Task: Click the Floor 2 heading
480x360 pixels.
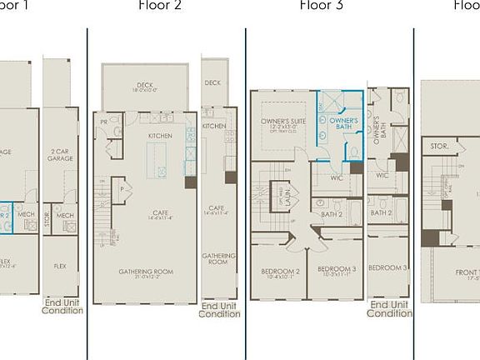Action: click(x=160, y=6)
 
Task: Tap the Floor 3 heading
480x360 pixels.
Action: click(x=321, y=6)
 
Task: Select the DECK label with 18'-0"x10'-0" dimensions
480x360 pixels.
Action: click(x=146, y=85)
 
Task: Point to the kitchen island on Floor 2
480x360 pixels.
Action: click(x=156, y=160)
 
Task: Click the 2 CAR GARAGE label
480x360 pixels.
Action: click(x=60, y=154)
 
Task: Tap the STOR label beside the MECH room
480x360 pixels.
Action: click(x=47, y=221)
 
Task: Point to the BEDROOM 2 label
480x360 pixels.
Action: click(x=280, y=272)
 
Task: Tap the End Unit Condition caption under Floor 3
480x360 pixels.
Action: click(x=389, y=309)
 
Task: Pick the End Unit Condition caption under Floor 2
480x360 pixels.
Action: click(x=219, y=309)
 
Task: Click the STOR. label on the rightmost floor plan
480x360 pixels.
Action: click(x=440, y=145)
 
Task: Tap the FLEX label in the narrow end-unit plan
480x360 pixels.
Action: click(x=60, y=267)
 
